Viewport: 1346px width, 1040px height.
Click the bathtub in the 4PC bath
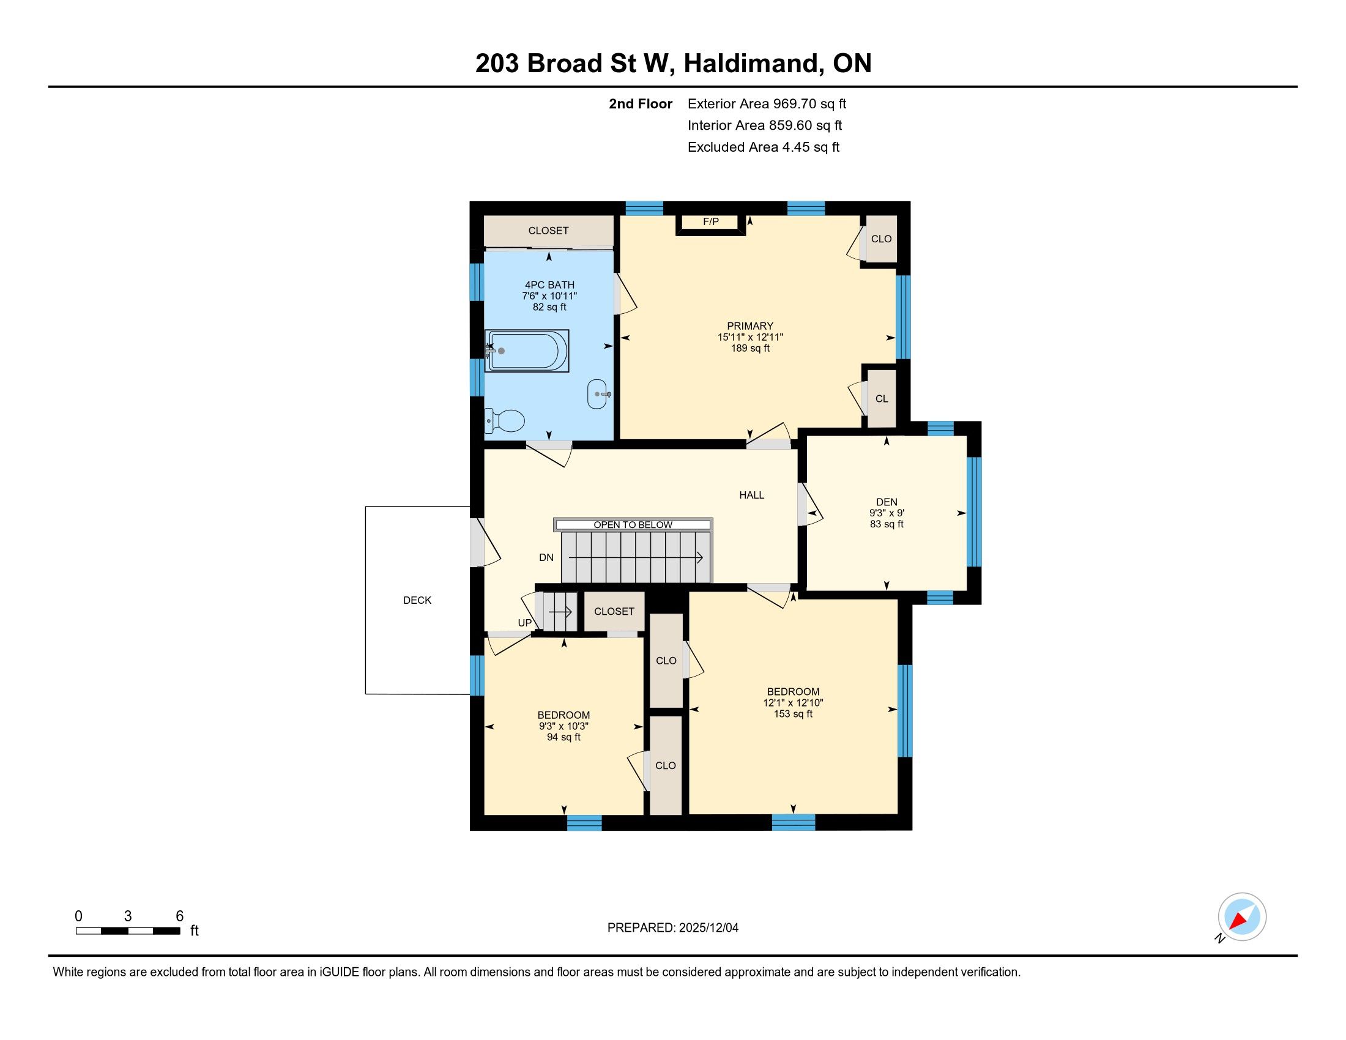pyautogui.click(x=527, y=351)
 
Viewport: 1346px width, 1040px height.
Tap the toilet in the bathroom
pyautogui.click(x=505, y=421)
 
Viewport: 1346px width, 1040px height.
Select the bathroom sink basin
pyautogui.click(x=598, y=394)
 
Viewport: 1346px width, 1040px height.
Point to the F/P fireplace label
pyautogui.click(x=710, y=222)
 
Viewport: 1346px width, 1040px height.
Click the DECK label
pyautogui.click(x=417, y=600)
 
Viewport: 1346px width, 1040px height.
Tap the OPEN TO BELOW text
pyautogui.click(x=633, y=525)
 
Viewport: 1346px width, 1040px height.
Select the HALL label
pyautogui.click(x=752, y=495)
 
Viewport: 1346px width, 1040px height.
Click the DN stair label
pyautogui.click(x=546, y=557)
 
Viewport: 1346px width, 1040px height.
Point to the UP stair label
pyautogui.click(x=524, y=623)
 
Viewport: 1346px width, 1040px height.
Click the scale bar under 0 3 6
pyautogui.click(x=128, y=931)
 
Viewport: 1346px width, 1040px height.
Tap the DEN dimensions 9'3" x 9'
pyautogui.click(x=887, y=513)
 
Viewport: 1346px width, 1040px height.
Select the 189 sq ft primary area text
pyautogui.click(x=750, y=348)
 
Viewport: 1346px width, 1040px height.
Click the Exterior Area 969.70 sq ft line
pyautogui.click(x=767, y=103)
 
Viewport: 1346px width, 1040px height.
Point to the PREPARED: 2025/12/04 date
pyautogui.click(x=673, y=928)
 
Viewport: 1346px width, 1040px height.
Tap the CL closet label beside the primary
pyautogui.click(x=882, y=399)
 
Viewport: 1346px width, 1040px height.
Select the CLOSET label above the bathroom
pyautogui.click(x=549, y=231)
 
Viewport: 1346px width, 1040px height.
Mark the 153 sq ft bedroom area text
pyautogui.click(x=793, y=714)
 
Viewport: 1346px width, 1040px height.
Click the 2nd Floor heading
pyautogui.click(x=641, y=103)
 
